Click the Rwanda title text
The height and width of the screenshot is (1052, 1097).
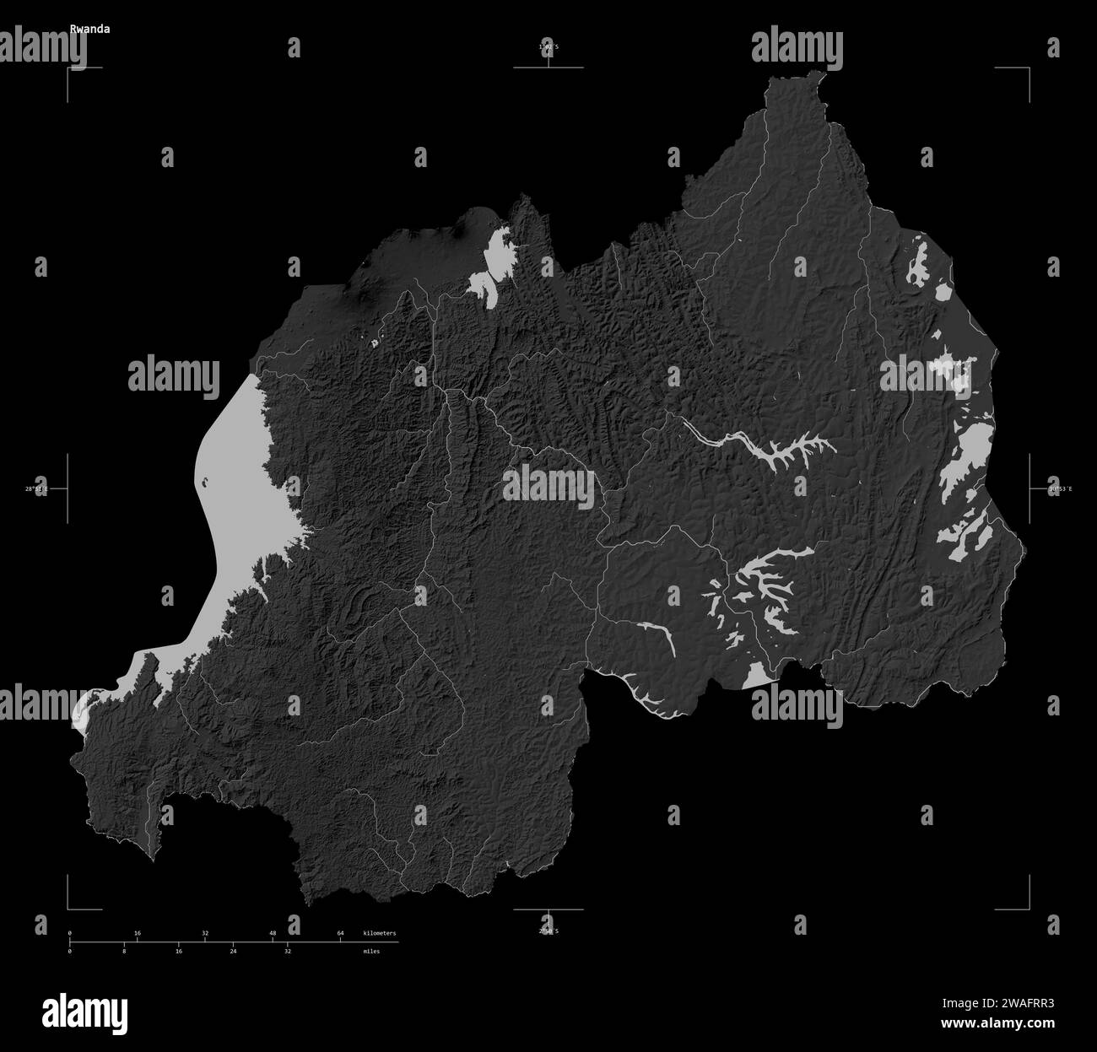click(89, 28)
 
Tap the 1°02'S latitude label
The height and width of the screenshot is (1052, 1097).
click(548, 46)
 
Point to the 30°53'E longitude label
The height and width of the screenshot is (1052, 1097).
click(1059, 488)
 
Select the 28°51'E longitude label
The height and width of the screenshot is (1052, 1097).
click(36, 488)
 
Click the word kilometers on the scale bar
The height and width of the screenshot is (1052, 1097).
click(379, 933)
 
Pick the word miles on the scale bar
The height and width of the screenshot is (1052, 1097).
click(371, 951)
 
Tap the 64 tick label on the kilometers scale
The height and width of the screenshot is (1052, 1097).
click(340, 933)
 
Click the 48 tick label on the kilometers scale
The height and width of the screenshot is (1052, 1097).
click(273, 933)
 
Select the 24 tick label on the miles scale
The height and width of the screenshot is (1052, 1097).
click(233, 951)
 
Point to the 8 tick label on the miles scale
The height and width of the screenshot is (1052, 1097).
click(124, 951)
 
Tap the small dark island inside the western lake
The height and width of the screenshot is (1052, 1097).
click(205, 484)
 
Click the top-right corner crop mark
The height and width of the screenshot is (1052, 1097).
click(1029, 67)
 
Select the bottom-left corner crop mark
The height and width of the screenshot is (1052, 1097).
click(69, 909)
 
